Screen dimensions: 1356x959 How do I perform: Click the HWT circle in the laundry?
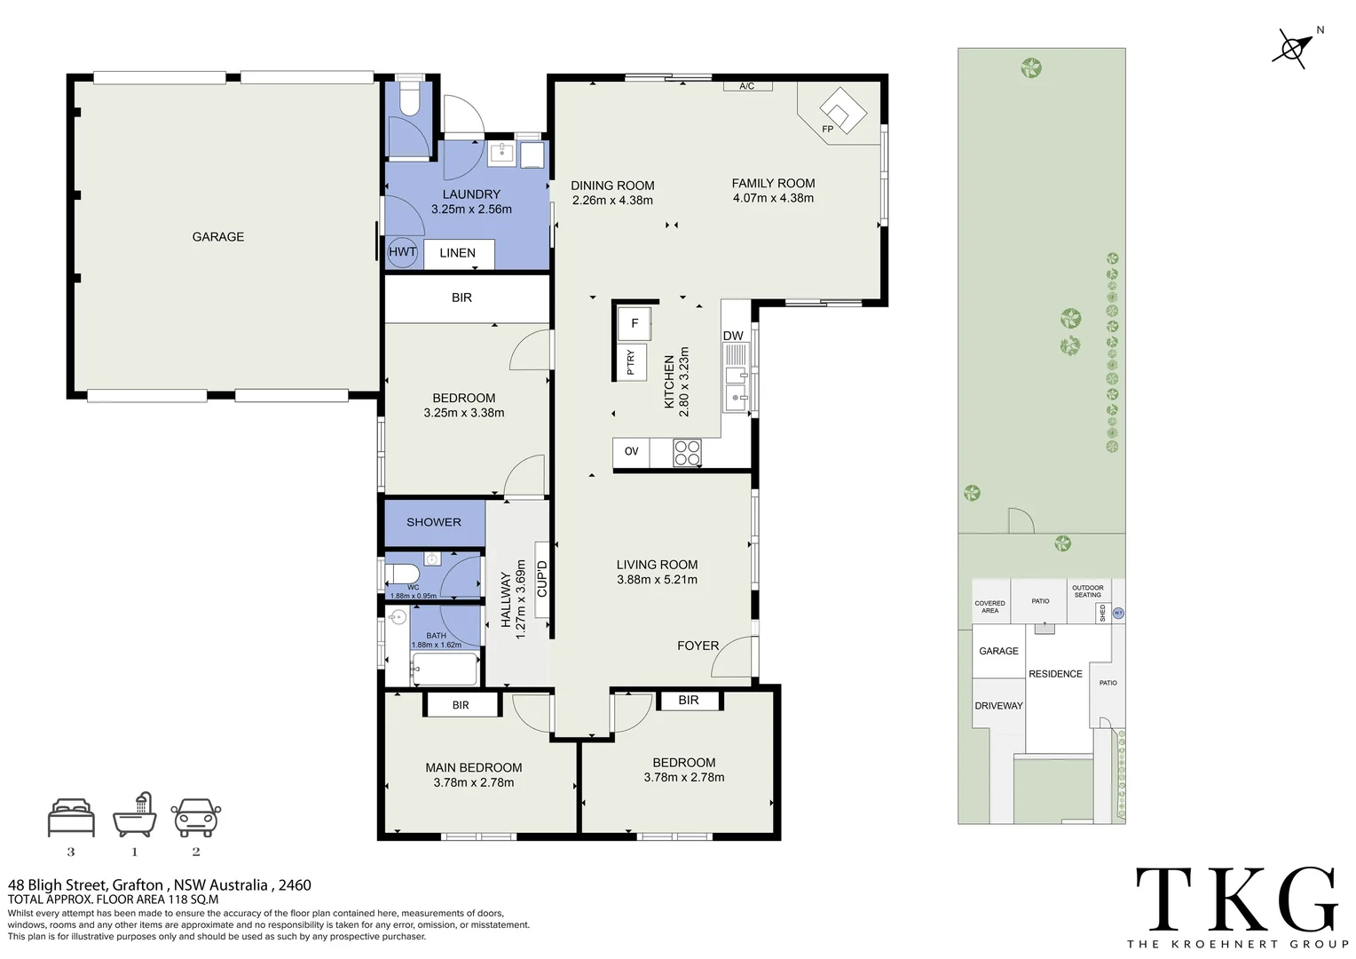point(402,252)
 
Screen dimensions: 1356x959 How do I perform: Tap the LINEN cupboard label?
point(457,253)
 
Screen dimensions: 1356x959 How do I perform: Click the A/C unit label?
point(747,86)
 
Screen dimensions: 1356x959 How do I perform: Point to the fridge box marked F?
point(634,323)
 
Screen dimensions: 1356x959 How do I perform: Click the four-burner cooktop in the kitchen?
point(687,453)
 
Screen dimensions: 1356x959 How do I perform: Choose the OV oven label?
point(631,451)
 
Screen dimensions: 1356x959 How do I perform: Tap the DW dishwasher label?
point(732,336)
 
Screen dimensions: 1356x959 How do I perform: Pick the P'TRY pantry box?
point(631,362)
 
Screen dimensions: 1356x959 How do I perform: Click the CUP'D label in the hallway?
point(542,579)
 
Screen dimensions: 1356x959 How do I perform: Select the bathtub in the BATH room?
point(445,669)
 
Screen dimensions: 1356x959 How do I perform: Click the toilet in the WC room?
point(403,573)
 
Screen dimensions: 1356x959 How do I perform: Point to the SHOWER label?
point(433,522)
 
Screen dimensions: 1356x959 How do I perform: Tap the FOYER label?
point(698,646)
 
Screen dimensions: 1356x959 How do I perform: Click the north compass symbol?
point(1293,49)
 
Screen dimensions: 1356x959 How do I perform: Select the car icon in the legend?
point(195,818)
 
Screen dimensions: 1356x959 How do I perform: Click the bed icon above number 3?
point(71,818)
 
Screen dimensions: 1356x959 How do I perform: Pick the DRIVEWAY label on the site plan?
point(998,706)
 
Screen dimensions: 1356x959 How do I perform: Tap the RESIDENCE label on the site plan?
point(1055,674)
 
